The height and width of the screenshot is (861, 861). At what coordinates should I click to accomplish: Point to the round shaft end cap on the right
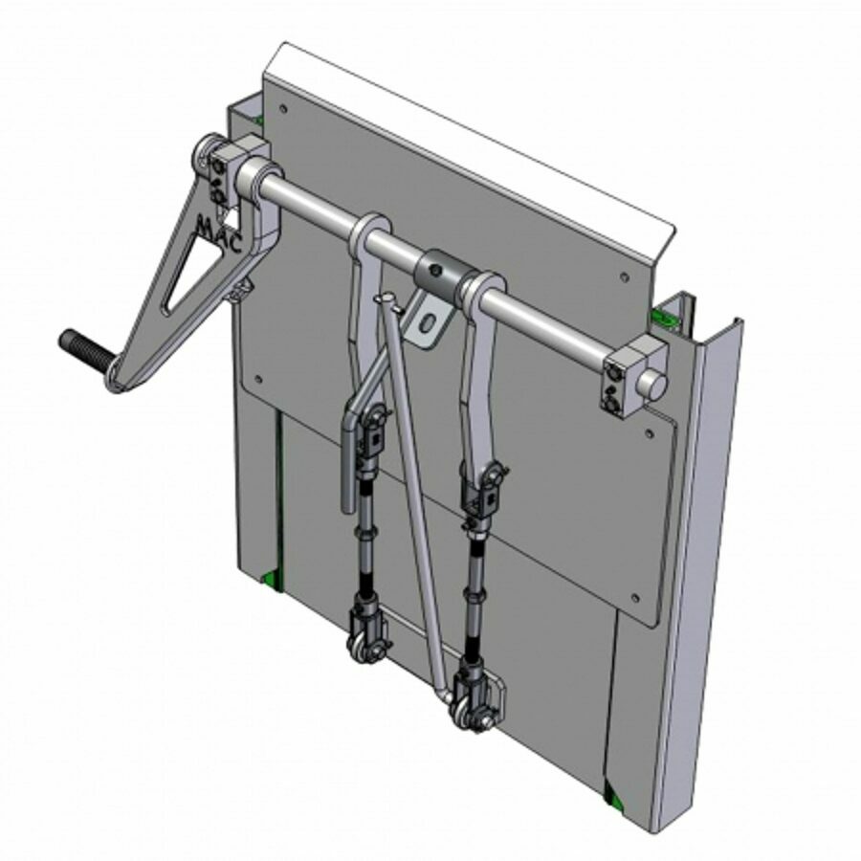(654, 380)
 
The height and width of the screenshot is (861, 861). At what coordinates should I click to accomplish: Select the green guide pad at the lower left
(271, 577)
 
